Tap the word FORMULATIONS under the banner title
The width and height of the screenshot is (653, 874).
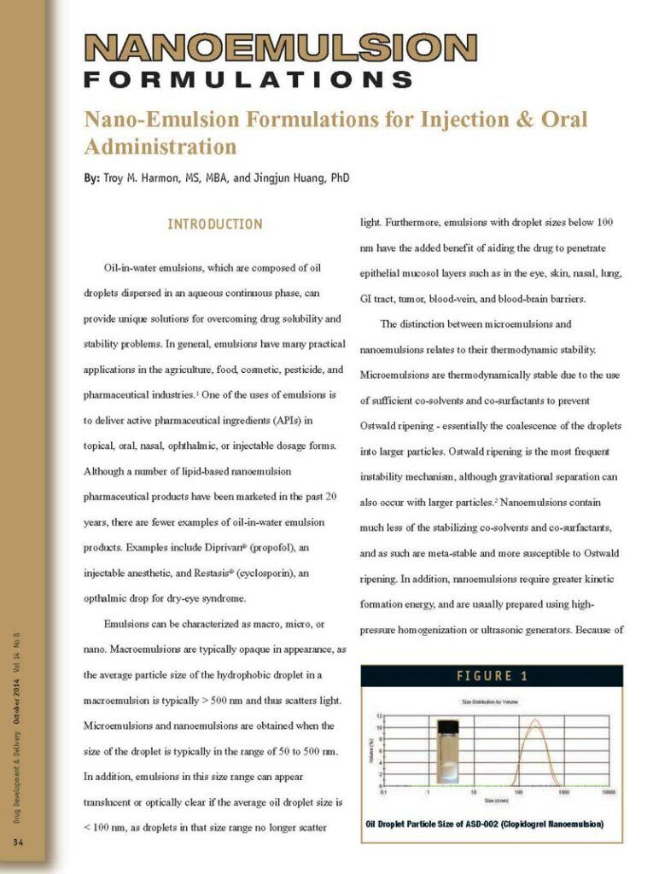click(248, 80)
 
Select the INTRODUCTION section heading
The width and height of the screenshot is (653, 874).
click(214, 224)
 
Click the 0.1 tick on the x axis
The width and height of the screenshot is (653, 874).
click(385, 791)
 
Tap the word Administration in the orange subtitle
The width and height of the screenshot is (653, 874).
click(160, 146)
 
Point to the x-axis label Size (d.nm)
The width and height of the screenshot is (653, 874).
click(496, 800)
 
